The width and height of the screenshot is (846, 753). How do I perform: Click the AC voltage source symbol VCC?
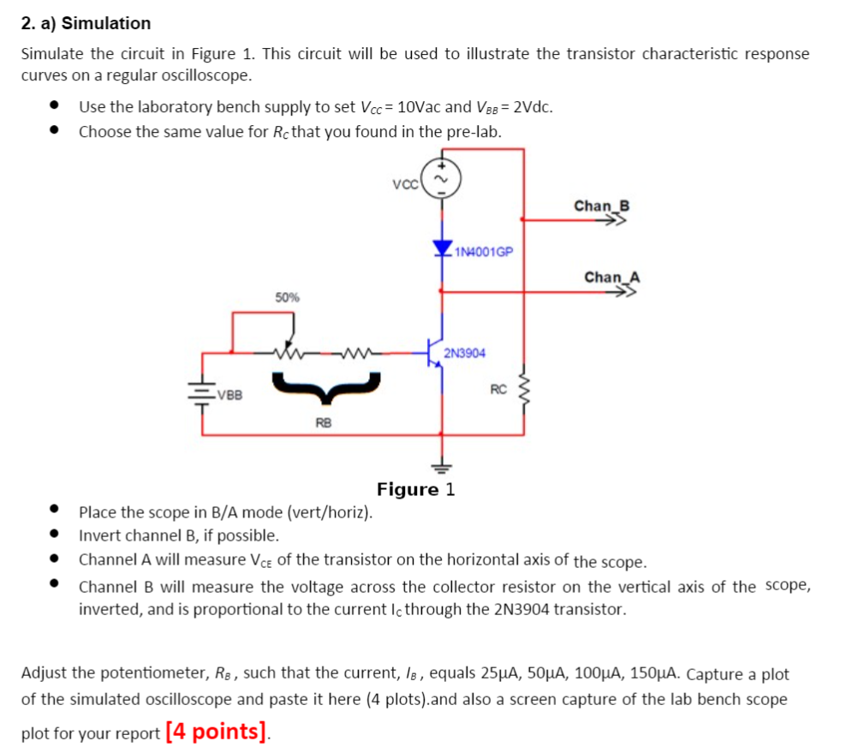[442, 179]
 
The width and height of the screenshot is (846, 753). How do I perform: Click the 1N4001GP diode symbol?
[443, 249]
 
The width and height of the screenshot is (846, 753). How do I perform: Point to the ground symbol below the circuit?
[443, 467]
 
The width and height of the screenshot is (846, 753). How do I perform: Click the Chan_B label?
[601, 206]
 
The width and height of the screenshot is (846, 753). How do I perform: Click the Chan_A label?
[611, 277]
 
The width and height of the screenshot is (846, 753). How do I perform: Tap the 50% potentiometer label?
[287, 297]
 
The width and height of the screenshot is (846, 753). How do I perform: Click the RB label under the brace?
[323, 422]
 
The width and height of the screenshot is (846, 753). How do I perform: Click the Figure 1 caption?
[416, 489]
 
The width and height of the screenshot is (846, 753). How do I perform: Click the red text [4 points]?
[217, 732]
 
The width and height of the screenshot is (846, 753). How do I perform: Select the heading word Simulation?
[111, 23]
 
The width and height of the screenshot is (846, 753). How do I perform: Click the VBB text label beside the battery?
[229, 395]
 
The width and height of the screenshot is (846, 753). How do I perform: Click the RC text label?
[498, 390]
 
